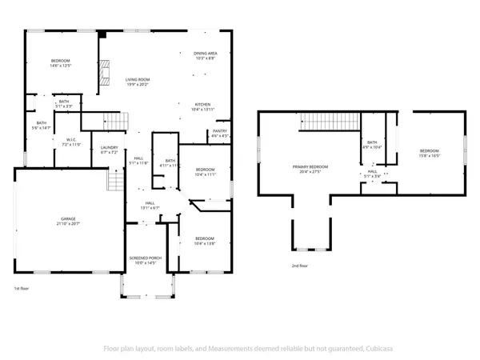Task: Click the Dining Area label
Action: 206,56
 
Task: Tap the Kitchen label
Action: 204,107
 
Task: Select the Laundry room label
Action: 109,150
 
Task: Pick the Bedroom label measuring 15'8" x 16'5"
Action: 430,154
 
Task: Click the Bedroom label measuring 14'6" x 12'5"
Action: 61,64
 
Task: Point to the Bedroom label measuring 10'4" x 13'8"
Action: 205,241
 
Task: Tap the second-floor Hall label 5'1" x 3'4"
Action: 373,174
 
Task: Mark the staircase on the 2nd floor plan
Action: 318,122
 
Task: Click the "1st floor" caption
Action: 22,288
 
